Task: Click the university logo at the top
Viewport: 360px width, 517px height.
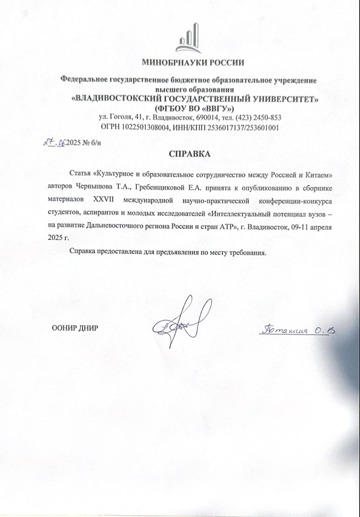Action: (x=188, y=39)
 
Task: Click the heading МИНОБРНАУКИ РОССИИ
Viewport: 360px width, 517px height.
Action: (x=193, y=63)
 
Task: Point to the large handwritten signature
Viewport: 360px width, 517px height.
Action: (x=182, y=322)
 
